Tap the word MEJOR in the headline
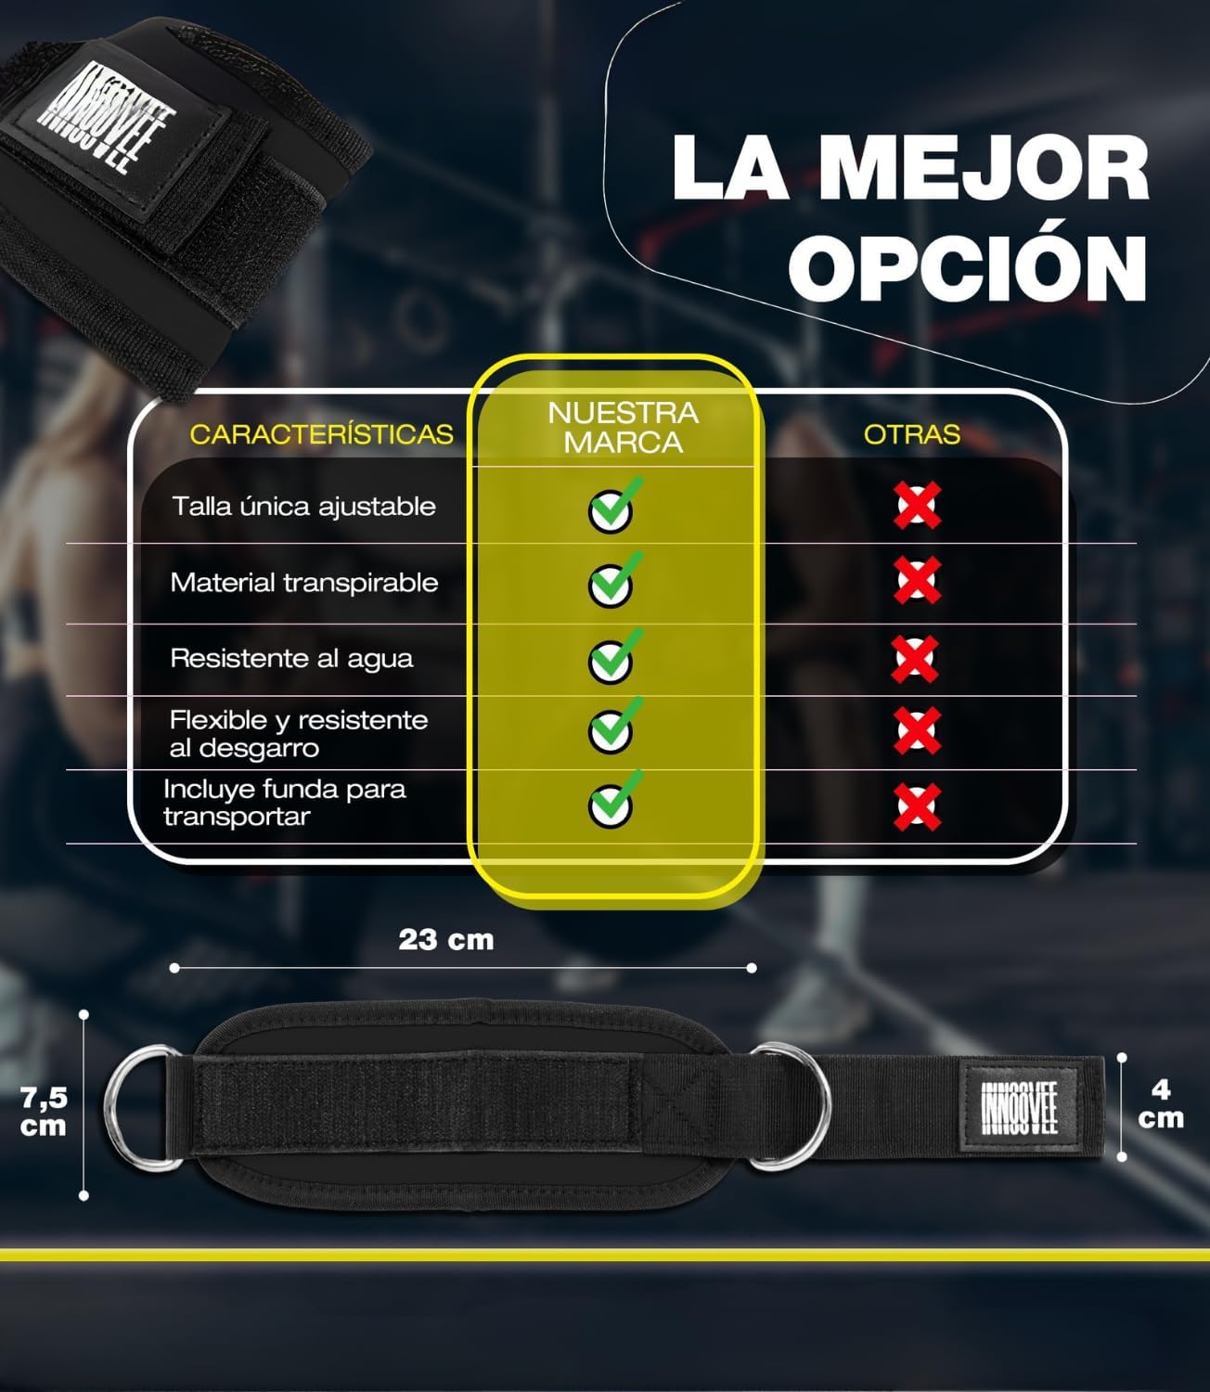coord(984,167)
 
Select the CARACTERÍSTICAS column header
coord(321,434)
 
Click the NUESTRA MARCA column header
coord(623,427)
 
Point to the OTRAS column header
coord(912,434)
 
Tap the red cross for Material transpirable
coord(917,580)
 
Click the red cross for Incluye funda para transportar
coord(917,807)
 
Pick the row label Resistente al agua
coord(291,659)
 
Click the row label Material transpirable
coord(304,583)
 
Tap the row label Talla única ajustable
coord(304,507)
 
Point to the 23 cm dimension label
coord(446,939)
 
